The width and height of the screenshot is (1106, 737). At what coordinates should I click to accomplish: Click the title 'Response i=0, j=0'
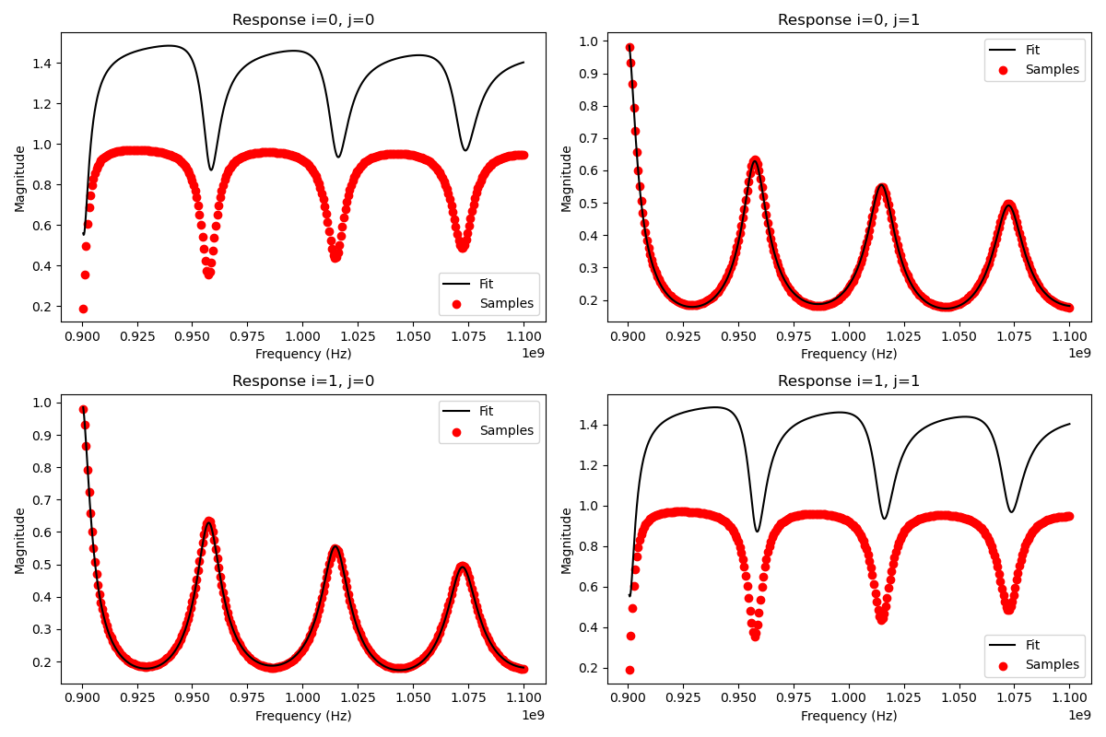(x=303, y=20)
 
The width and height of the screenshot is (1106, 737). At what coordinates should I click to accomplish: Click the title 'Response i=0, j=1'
(x=849, y=20)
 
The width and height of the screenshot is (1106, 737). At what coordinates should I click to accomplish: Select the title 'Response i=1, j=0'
(x=303, y=381)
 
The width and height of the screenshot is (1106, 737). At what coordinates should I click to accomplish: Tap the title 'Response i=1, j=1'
(x=849, y=381)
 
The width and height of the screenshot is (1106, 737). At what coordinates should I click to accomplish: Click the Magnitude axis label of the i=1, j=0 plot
(x=20, y=540)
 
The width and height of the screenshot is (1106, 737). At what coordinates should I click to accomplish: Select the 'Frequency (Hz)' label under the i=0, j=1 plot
(x=849, y=354)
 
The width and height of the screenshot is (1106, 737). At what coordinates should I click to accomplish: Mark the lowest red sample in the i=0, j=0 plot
(x=83, y=309)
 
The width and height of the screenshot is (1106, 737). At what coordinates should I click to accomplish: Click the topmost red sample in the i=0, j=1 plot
(x=629, y=48)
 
